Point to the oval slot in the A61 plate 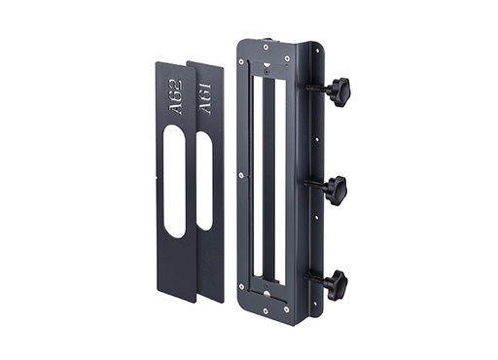pyautogui.click(x=204, y=180)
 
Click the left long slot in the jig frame pyautogui.click(x=254, y=175)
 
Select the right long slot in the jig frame pyautogui.click(x=276, y=175)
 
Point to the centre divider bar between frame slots pyautogui.click(x=265, y=175)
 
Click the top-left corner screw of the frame pyautogui.click(x=240, y=59)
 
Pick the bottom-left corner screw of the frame pyautogui.click(x=241, y=287)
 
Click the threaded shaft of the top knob pyautogui.click(x=316, y=90)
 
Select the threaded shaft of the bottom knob pyautogui.click(x=316, y=278)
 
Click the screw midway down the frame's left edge pyautogui.click(x=241, y=175)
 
